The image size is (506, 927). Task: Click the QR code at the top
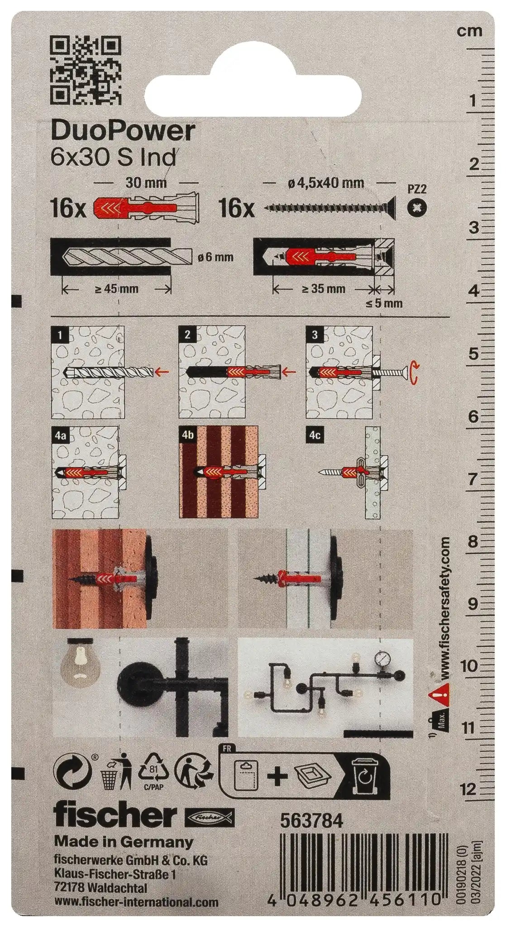click(86, 70)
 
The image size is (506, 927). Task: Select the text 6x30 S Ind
click(113, 158)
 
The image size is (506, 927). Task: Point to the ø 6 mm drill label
click(215, 257)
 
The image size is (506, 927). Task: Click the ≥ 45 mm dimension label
click(117, 289)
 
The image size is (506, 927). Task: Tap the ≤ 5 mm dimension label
click(384, 303)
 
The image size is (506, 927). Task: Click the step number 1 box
click(61, 335)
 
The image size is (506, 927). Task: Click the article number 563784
click(312, 821)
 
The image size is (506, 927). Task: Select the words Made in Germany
click(123, 841)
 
